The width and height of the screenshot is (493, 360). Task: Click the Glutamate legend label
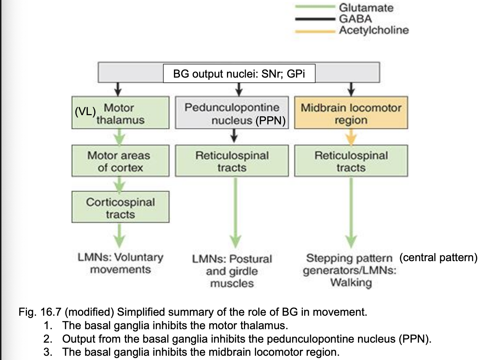pos(366,8)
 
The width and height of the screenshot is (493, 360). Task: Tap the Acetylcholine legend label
pos(374,30)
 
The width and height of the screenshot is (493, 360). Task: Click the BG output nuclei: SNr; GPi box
pos(239,74)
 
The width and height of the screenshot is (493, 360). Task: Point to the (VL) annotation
pos(85,112)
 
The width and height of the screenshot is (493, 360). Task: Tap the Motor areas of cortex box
pos(120,161)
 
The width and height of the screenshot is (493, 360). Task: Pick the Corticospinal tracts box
pos(120,208)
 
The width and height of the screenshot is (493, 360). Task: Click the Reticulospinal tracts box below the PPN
pos(232,161)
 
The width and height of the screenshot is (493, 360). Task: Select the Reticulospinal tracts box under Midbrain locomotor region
pos(351,161)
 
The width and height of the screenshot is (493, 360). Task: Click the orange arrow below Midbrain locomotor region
pos(351,137)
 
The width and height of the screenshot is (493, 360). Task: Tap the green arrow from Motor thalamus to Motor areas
pos(120,137)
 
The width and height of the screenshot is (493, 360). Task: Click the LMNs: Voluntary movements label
pos(120,263)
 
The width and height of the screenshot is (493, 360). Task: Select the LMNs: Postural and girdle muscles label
pos(232,271)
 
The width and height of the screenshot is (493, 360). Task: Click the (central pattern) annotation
pos(438,257)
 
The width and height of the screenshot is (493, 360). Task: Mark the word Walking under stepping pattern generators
pos(351,283)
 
